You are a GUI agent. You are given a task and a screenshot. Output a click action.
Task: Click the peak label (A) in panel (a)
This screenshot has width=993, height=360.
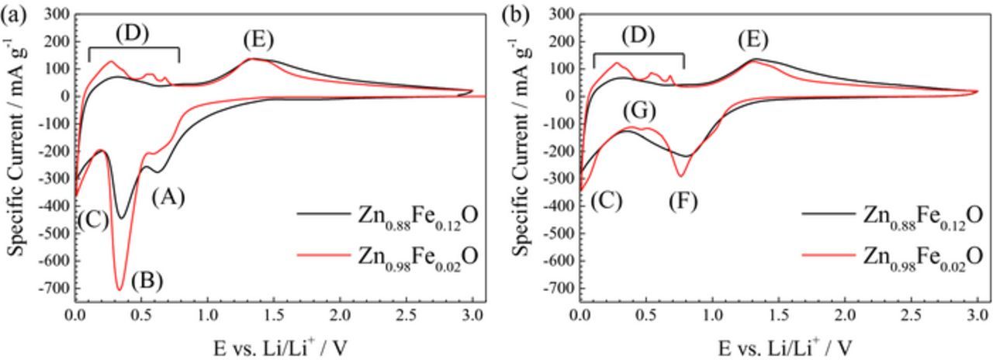(168, 198)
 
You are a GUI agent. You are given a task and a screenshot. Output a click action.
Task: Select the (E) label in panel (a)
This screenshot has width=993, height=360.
(258, 40)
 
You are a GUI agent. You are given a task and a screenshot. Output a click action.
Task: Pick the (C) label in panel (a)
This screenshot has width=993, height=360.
(92, 220)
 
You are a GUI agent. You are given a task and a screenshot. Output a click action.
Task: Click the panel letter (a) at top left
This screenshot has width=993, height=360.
(13, 14)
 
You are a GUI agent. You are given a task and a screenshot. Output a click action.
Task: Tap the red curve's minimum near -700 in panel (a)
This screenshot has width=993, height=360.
(119, 289)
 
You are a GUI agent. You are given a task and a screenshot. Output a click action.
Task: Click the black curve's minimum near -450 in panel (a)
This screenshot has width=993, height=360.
(120, 218)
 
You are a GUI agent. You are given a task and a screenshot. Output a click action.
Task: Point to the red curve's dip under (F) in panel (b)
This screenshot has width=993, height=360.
(681, 176)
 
